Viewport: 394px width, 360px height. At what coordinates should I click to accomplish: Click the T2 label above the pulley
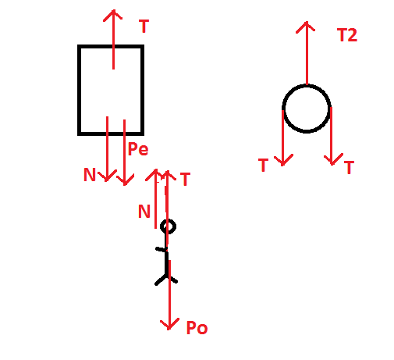[x=347, y=35]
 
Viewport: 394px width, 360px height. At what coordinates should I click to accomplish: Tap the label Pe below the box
[x=138, y=149]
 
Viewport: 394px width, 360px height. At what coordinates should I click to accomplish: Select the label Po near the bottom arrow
[x=197, y=328]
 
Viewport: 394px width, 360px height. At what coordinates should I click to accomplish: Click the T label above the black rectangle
[x=144, y=27]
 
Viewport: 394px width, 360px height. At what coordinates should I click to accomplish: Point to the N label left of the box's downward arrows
[x=90, y=174]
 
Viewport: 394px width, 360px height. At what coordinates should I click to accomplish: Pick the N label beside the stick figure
[x=144, y=211]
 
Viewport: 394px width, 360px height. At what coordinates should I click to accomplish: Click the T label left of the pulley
[x=263, y=165]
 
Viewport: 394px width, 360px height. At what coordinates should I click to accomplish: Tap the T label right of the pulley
[x=349, y=167]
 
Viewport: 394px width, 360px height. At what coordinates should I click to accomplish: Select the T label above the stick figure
[x=185, y=179]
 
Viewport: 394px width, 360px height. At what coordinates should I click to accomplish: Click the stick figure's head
[x=168, y=226]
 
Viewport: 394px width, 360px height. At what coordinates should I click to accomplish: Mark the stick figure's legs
[x=166, y=279]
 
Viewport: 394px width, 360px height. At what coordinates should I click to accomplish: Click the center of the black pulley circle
[x=307, y=109]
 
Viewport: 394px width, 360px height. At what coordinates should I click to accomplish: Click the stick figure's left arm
[x=161, y=249]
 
